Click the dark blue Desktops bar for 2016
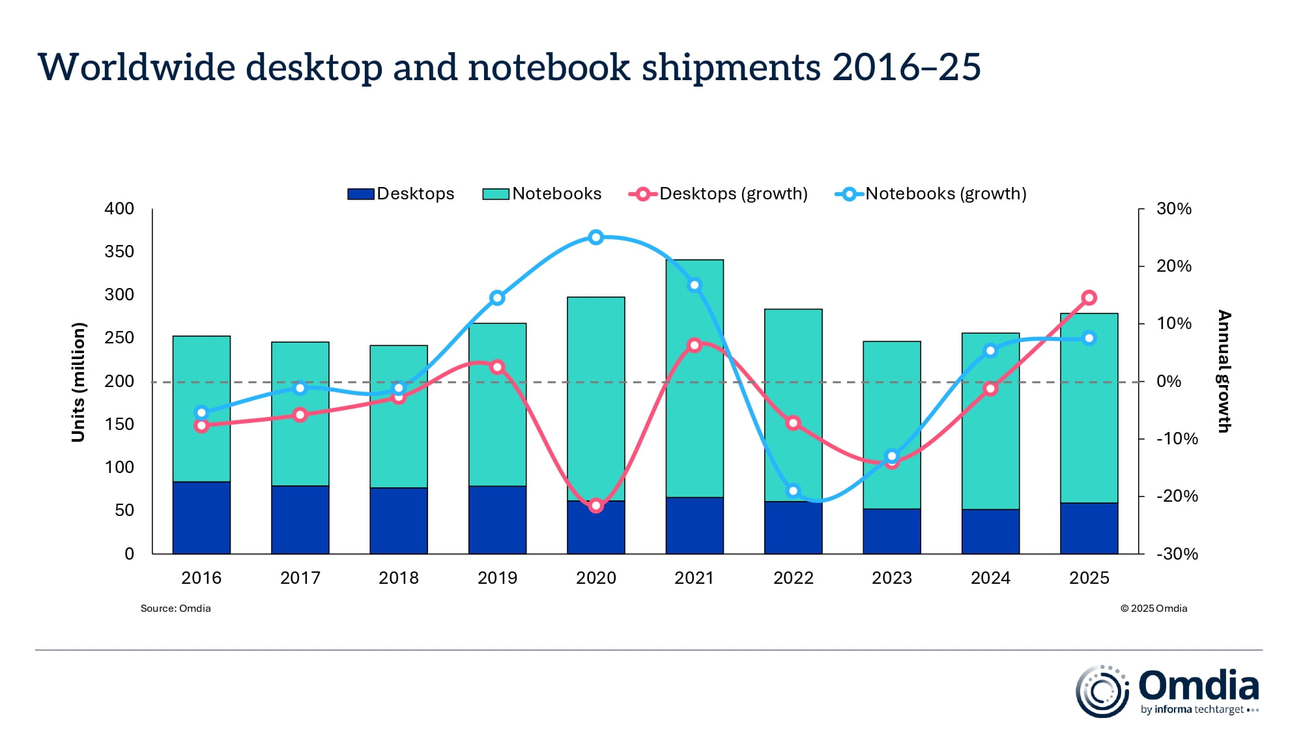(201, 518)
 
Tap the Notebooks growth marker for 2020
(595, 237)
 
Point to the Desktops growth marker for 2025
(1089, 298)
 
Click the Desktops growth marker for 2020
(595, 506)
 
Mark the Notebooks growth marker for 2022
(793, 491)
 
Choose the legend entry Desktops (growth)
(733, 194)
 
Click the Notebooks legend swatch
(495, 194)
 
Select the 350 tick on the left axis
(119, 252)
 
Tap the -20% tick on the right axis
(1177, 496)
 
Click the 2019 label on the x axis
(497, 578)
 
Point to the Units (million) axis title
(78, 382)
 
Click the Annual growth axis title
(1224, 371)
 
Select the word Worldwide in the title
(137, 67)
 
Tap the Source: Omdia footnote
(175, 609)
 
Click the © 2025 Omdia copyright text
(1153, 609)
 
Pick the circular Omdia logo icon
(1102, 691)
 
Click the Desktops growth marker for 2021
(694, 345)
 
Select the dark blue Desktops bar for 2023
(891, 531)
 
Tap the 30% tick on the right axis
(1173, 209)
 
